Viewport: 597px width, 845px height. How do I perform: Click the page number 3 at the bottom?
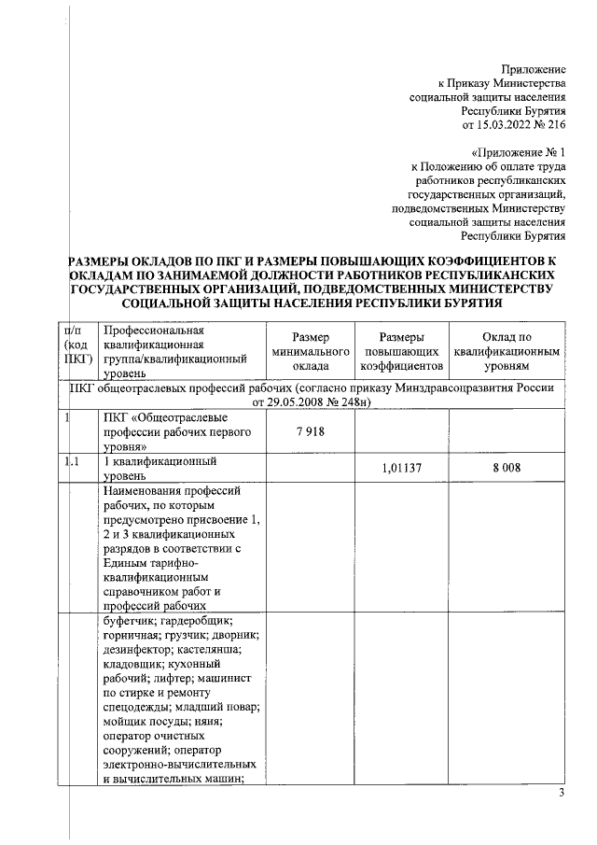pos(562,795)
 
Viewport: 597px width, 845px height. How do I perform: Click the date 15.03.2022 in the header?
pos(507,123)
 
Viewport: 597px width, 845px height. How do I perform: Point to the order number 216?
pos(557,123)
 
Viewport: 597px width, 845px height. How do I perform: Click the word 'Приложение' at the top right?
pos(534,70)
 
